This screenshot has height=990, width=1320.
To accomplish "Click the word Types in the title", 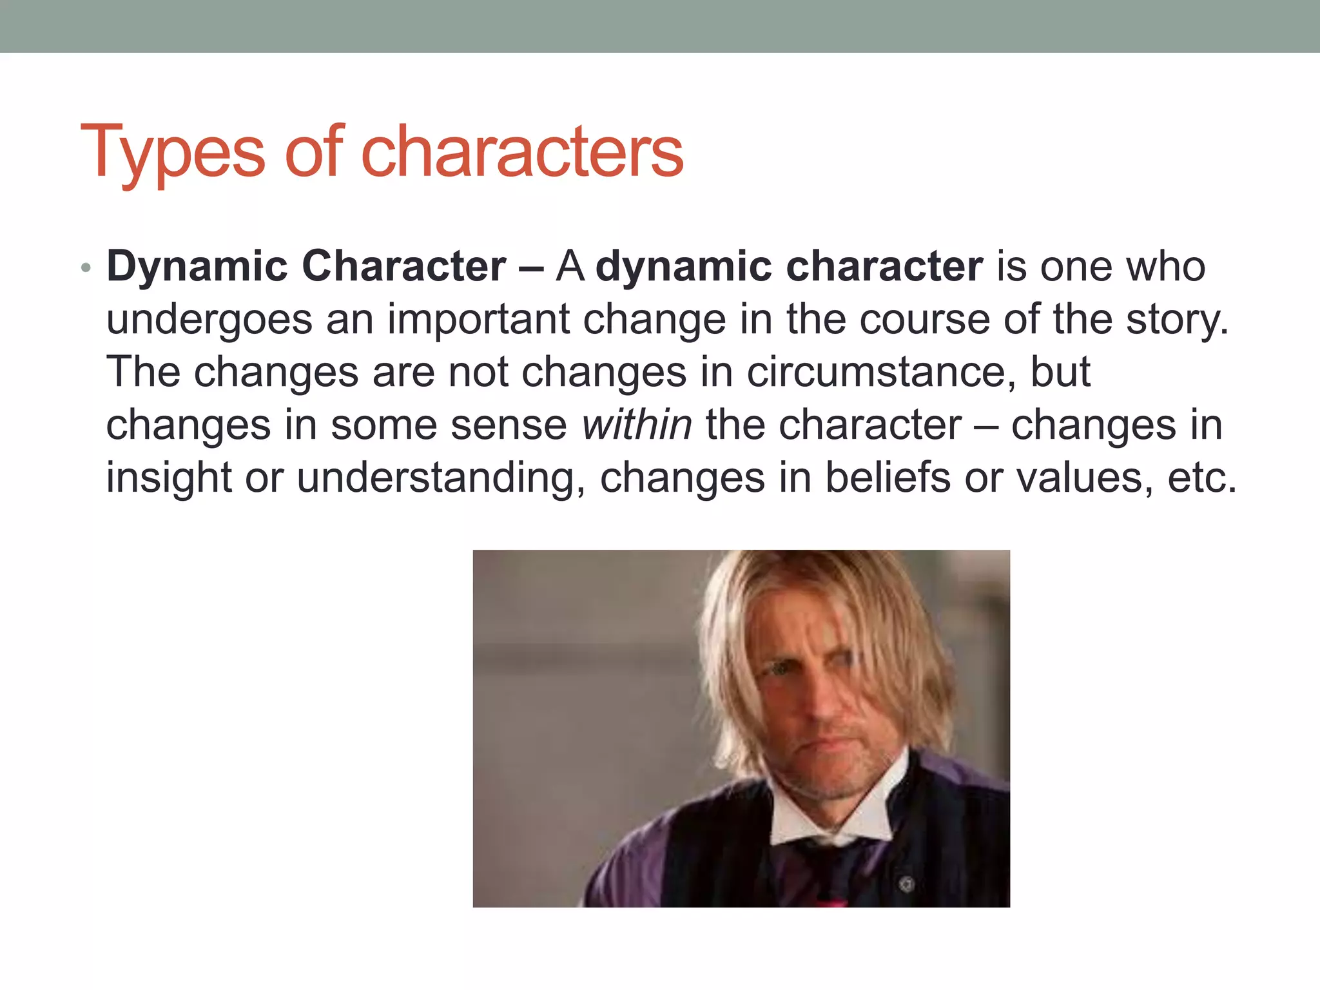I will coord(172,152).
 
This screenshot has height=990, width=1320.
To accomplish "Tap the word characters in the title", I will coord(522,152).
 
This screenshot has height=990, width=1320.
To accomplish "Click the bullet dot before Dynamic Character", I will coord(86,267).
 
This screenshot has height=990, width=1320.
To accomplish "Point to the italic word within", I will coord(637,425).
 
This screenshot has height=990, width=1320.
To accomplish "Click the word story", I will coord(1176,320).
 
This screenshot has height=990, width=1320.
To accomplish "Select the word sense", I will coord(509,425).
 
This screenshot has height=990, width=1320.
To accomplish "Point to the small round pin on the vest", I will coord(906,883).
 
